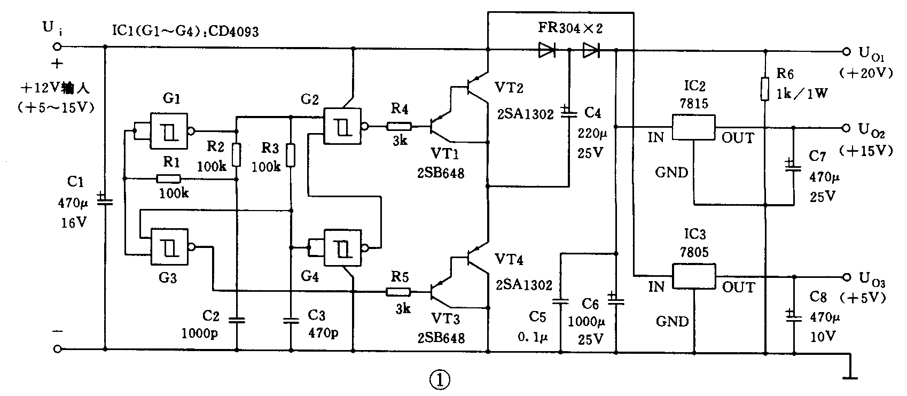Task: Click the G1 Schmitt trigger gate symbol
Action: (169, 130)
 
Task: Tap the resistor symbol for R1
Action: (169, 179)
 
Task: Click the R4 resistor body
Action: (400, 127)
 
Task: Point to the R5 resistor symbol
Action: (400, 292)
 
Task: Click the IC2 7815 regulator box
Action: (693, 127)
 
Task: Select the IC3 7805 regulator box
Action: (693, 276)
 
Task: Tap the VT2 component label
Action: (509, 87)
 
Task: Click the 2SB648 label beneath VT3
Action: (441, 338)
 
